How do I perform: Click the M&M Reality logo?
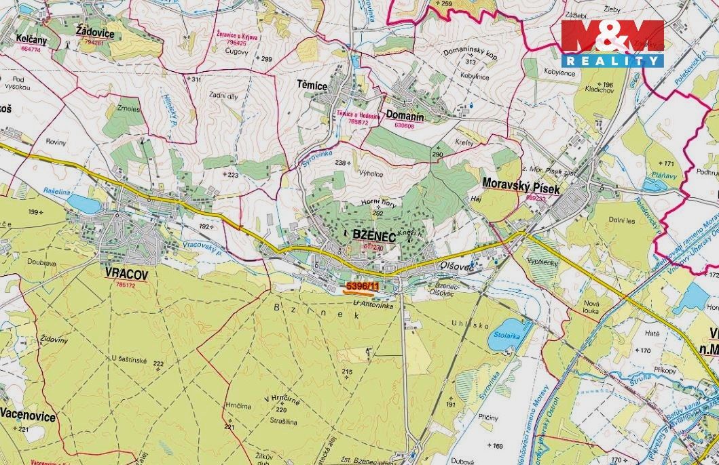point(612,42)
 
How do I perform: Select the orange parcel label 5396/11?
point(363,287)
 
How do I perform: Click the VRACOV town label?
point(122,274)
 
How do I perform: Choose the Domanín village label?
point(405,116)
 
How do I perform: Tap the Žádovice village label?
point(96,32)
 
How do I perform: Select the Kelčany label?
point(31,40)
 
